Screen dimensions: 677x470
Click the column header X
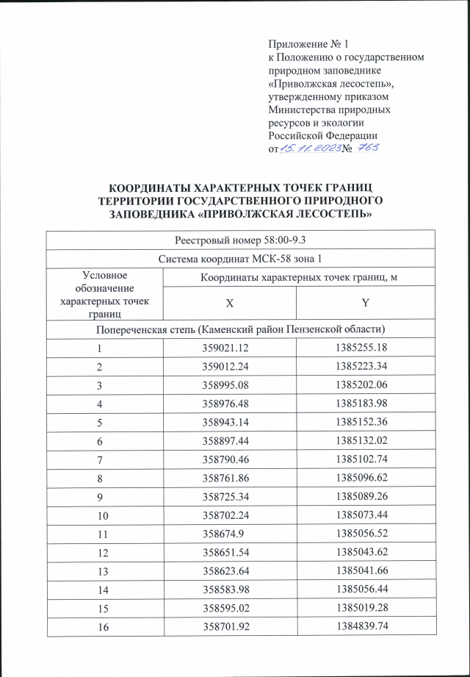click(x=230, y=302)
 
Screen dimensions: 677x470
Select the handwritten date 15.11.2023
click(x=309, y=150)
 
